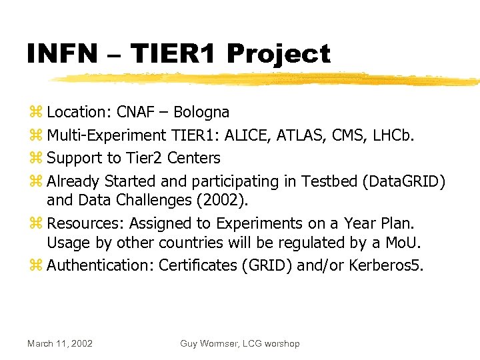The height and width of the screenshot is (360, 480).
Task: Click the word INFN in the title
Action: (62, 54)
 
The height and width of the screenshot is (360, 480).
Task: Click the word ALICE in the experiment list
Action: (245, 135)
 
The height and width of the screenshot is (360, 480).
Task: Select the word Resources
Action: (85, 223)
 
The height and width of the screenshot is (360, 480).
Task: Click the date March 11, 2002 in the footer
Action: (60, 343)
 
